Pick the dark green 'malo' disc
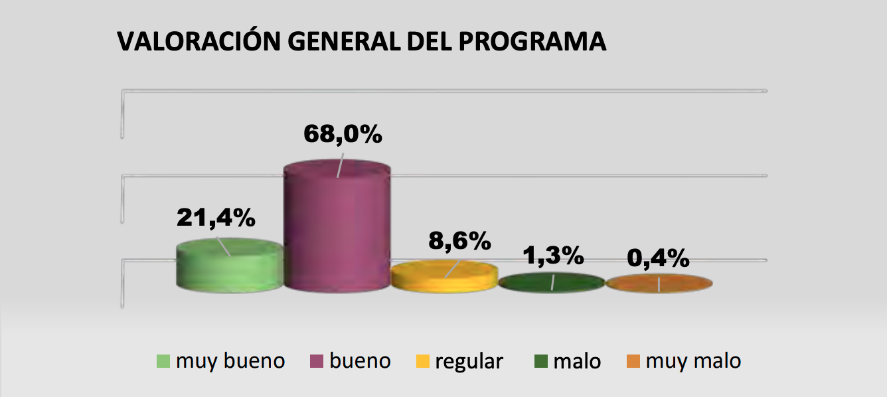(551, 282)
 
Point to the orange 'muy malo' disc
(659, 283)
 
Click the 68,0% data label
(343, 134)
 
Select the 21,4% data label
(216, 218)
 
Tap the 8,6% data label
(459, 240)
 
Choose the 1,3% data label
(553, 255)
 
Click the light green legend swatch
(163, 362)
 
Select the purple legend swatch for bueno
(317, 362)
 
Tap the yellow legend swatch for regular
(422, 362)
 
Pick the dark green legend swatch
(540, 362)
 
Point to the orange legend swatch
(633, 362)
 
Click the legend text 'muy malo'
(693, 361)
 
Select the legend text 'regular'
(469, 362)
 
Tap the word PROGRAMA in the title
(532, 41)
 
